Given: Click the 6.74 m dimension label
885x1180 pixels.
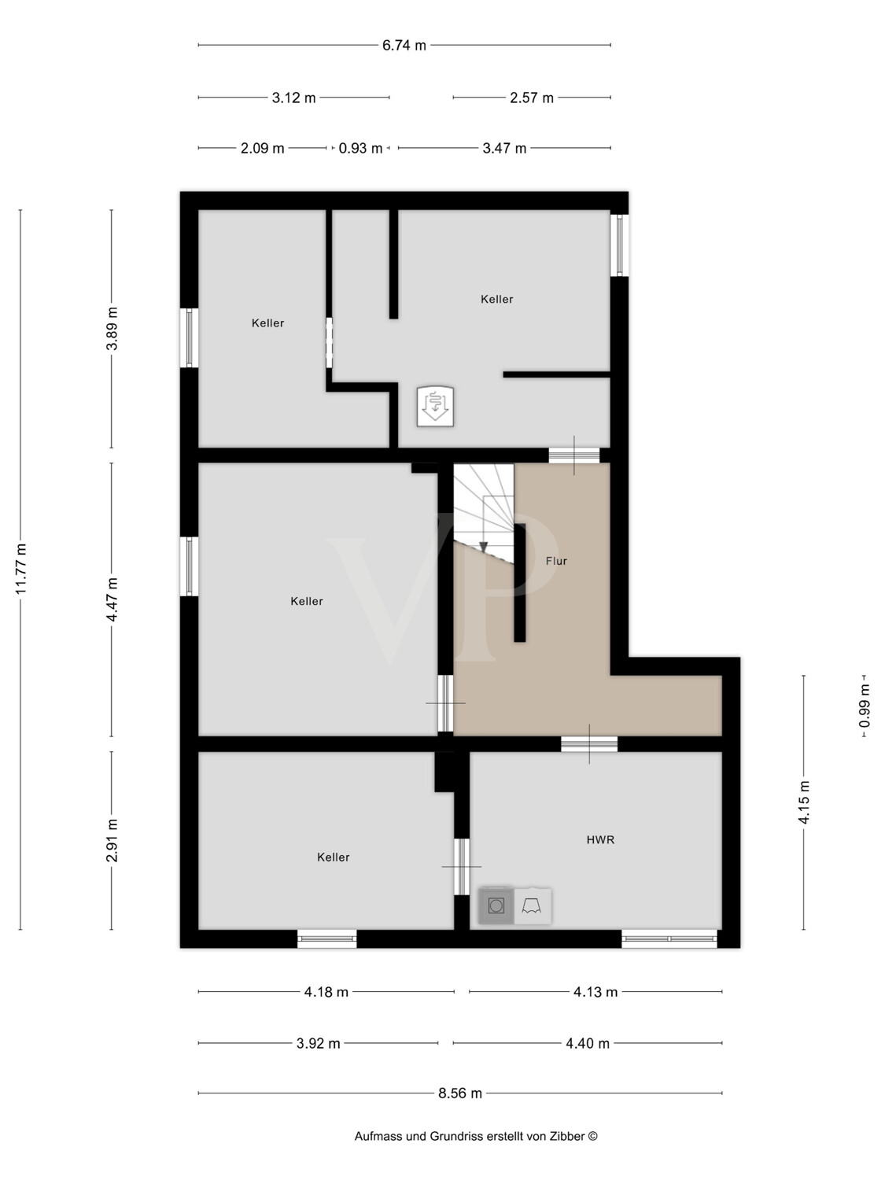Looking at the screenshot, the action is click(404, 45).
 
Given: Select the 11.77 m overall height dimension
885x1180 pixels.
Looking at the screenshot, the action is click(20, 569).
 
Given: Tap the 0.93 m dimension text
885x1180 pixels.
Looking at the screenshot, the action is click(360, 148).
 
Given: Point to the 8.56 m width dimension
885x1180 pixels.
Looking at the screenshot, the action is click(460, 1093).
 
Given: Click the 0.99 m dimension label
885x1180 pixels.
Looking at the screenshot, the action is click(865, 706).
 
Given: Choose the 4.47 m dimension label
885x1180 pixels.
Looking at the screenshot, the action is click(111, 599).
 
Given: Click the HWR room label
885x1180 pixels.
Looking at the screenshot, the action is click(600, 839).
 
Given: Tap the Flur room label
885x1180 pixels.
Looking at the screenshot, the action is click(556, 561).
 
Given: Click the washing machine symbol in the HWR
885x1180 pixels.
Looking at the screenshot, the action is click(496, 905).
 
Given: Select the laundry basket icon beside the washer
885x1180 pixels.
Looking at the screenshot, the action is click(533, 905).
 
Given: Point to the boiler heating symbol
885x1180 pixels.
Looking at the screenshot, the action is click(435, 407).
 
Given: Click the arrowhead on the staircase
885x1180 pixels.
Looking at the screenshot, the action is click(483, 548).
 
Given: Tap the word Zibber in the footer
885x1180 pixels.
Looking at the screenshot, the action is click(566, 1136).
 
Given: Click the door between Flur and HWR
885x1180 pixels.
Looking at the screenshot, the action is click(589, 743).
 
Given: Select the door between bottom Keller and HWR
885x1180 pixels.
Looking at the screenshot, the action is click(462, 867).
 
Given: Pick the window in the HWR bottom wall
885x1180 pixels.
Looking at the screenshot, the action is click(669, 938).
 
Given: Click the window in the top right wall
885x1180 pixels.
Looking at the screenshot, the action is click(620, 245).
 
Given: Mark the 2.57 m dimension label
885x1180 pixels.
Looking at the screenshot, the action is click(532, 98).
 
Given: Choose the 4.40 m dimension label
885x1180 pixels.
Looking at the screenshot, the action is click(588, 1043).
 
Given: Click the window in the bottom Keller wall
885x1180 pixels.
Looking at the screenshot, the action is click(326, 938).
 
